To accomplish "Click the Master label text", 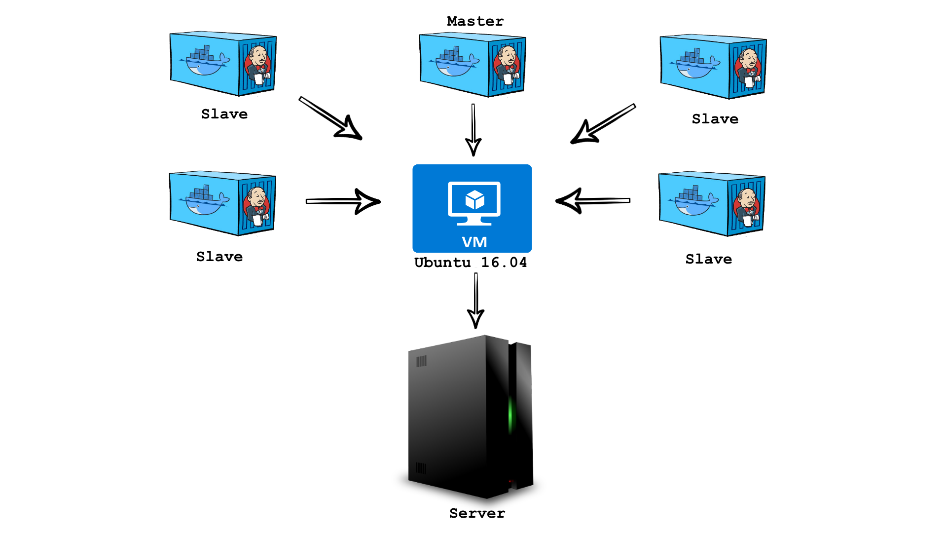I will pos(475,21).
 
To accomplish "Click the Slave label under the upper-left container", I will pos(224,114).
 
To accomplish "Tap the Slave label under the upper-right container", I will pos(715,119).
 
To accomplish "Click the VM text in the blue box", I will pos(474,242).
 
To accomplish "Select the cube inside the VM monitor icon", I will pos(474,199).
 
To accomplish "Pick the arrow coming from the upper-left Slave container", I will pos(330,118).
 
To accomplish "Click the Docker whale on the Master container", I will pos(454,64).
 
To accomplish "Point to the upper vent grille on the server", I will pos(421,361).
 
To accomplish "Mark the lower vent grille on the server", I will pos(421,467).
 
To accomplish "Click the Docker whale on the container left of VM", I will pos(204,202).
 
